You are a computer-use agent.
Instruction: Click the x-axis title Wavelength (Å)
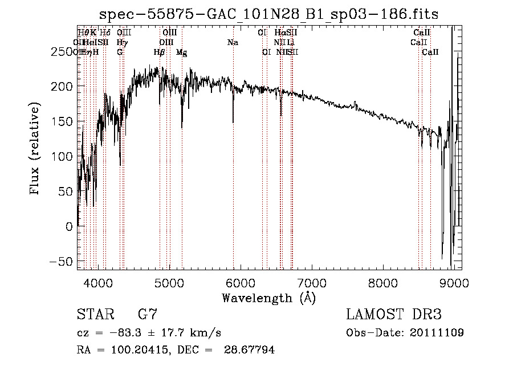pyautogui.click(x=268, y=298)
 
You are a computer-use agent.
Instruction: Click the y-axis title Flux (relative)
pyautogui.click(x=35, y=149)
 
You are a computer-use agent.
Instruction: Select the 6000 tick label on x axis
pyautogui.click(x=241, y=283)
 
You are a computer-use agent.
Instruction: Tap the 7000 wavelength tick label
pyautogui.click(x=312, y=283)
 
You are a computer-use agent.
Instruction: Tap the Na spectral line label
pyautogui.click(x=233, y=42)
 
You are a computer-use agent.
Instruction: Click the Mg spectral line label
pyautogui.click(x=181, y=52)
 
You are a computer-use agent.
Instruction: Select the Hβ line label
pyautogui.click(x=160, y=52)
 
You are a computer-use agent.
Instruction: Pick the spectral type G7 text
pyautogui.click(x=147, y=315)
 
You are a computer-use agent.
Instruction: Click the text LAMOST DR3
pyautogui.click(x=393, y=315)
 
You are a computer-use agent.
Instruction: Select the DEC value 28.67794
pyautogui.click(x=251, y=350)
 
